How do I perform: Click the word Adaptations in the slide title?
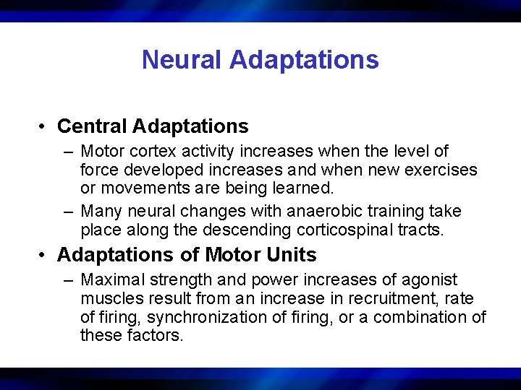[x=304, y=59]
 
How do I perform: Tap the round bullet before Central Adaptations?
[x=44, y=127]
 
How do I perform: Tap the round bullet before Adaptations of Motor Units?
[x=44, y=256]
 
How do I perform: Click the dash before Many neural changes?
[x=68, y=212]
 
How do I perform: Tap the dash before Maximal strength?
[x=68, y=280]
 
